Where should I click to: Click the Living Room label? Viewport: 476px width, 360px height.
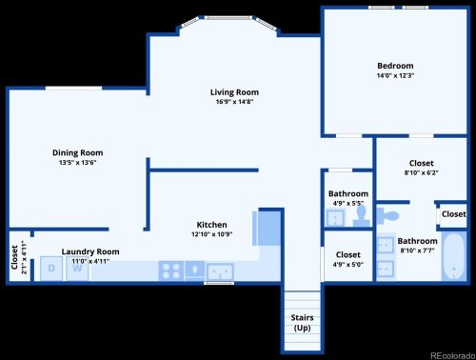[234, 92]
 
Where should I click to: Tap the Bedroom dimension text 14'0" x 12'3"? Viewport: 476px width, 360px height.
[394, 75]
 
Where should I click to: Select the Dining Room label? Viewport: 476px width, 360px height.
[77, 152]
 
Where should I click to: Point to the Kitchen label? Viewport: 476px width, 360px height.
[212, 224]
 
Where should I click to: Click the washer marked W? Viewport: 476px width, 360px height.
[77, 269]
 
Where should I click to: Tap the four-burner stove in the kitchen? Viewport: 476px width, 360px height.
[172, 270]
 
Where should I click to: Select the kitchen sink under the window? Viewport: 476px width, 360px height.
[221, 270]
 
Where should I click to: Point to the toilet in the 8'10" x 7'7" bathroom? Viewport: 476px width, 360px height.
[389, 214]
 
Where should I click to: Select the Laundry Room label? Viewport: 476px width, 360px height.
[90, 251]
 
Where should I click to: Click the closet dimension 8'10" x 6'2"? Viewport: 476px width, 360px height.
[421, 172]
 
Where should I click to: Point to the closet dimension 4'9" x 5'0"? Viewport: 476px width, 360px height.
[347, 264]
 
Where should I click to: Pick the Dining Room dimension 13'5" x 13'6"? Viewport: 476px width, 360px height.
[77, 162]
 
